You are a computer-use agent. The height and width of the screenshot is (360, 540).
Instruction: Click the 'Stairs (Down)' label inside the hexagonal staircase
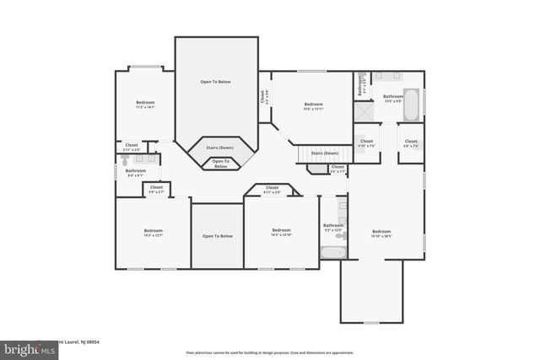click(x=220, y=148)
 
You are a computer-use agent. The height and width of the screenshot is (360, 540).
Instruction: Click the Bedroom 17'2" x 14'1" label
click(x=144, y=105)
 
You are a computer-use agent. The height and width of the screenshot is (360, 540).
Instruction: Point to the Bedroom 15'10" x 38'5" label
click(x=381, y=234)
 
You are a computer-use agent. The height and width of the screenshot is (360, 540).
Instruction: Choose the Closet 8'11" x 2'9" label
click(x=272, y=190)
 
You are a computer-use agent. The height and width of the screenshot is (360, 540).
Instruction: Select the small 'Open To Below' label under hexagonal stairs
click(x=220, y=164)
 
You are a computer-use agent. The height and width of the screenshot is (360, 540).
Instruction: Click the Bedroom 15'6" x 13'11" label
click(x=313, y=106)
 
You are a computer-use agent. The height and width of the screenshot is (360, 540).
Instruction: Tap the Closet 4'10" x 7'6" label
click(x=366, y=143)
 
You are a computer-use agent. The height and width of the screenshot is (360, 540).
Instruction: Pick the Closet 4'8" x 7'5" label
click(x=410, y=143)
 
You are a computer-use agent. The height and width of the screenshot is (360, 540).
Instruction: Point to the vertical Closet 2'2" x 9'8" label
click(x=263, y=97)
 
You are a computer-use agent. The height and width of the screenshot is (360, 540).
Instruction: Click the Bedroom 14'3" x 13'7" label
click(x=153, y=233)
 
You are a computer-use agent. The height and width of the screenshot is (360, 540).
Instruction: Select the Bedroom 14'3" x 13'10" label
click(x=281, y=233)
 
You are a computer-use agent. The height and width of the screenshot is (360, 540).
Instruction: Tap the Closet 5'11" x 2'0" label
click(x=132, y=147)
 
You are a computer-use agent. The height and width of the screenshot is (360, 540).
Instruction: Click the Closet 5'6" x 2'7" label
click(x=156, y=189)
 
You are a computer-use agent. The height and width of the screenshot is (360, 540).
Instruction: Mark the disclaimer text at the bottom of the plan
click(x=269, y=352)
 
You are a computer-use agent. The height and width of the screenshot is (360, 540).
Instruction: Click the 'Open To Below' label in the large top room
click(x=215, y=82)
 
